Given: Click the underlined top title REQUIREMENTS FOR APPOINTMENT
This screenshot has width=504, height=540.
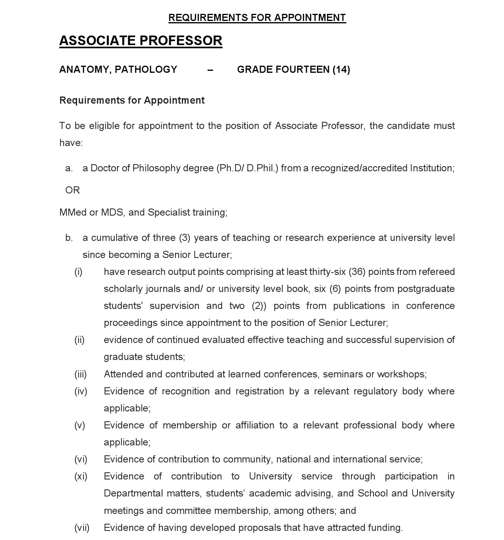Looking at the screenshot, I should tap(257, 18).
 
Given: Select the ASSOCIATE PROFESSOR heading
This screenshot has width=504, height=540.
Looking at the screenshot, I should tap(141, 41).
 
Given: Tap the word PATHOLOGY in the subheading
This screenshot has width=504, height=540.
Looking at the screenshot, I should tap(146, 70).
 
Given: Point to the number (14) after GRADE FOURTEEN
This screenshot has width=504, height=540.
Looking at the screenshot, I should tap(341, 70).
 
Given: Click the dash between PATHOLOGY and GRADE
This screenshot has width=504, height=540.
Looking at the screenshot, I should tap(210, 70).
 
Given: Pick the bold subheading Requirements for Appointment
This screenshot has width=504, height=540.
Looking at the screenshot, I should tap(132, 100).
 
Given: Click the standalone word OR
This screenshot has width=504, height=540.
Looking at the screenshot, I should tap(72, 190).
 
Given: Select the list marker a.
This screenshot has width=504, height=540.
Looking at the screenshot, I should tap(69, 168).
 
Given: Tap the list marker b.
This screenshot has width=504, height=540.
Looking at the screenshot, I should tap(69, 238).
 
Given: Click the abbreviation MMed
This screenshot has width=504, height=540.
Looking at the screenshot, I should tap(73, 212).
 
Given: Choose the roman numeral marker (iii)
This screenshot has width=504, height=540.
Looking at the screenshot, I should tap(80, 374).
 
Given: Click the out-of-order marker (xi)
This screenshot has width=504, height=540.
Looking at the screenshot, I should tap(81, 476).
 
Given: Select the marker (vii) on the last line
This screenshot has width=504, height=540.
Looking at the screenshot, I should tap(82, 528).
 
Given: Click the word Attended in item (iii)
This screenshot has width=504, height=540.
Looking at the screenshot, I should tap(122, 374).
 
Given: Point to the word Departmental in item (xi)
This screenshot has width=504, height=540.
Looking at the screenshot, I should tap(133, 493).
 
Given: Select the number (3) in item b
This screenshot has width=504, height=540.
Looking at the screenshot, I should tap(185, 238).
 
